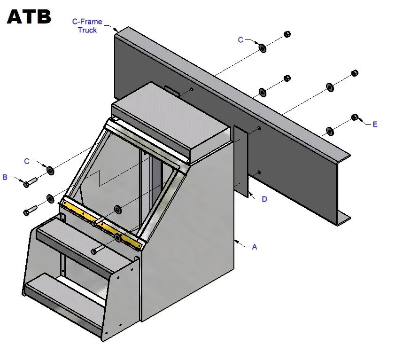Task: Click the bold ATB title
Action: click(29, 16)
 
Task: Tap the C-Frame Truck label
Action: click(87, 26)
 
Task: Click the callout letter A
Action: click(255, 247)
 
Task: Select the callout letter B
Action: click(5, 177)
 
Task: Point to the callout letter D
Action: click(264, 199)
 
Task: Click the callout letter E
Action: click(375, 125)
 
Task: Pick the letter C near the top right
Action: click(240, 40)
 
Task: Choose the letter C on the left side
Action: click(27, 161)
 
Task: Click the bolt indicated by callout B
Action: click(30, 182)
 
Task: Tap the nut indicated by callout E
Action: click(355, 117)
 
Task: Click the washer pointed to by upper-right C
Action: click(263, 48)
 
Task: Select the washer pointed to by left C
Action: click(50, 171)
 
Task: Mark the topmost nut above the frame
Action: click(287, 34)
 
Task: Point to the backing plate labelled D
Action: click(241, 161)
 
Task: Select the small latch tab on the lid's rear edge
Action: click(172, 91)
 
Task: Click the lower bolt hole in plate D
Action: click(259, 172)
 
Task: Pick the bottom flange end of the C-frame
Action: click(344, 219)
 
